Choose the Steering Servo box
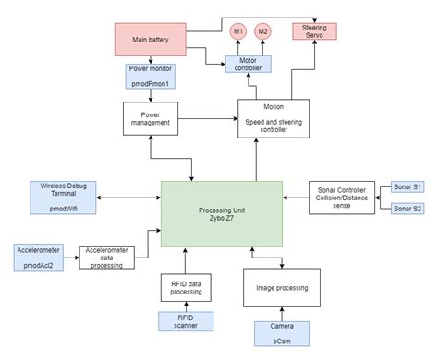tap(315, 31)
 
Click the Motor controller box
tap(250, 64)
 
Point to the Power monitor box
tap(151, 76)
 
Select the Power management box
tap(151, 117)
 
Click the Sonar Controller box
tap(341, 197)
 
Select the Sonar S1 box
tap(406, 187)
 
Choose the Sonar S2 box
tap(406, 210)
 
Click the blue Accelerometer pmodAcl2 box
tap(38, 256)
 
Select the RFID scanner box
tap(186, 321)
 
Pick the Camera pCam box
tap(282, 334)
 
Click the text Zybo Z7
tap(221, 221)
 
